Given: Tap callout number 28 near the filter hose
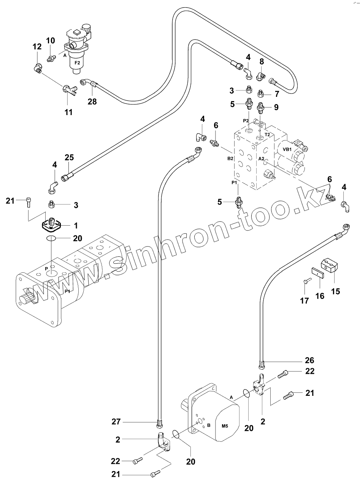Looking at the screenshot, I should pyautogui.click(x=92, y=101).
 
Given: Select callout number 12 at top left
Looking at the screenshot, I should pyautogui.click(x=37, y=47).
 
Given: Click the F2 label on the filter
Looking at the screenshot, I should pyautogui.click(x=77, y=62).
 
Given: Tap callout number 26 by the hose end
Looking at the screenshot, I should pyautogui.click(x=310, y=360).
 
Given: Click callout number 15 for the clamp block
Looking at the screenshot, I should pyautogui.click(x=335, y=291).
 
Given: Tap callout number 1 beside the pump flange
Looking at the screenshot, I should pyautogui.click(x=76, y=226).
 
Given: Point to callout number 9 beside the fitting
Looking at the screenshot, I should pyautogui.click(x=276, y=108).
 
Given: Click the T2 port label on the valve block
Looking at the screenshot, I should pyautogui.click(x=267, y=134).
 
